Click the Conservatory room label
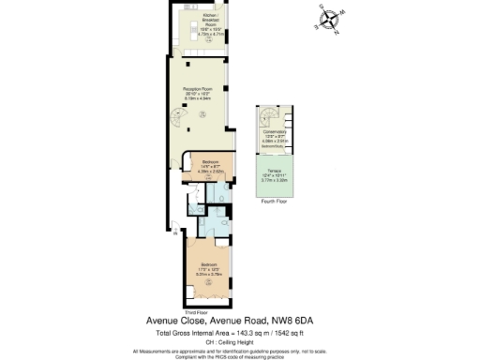[x=275, y=132]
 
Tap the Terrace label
[x=274, y=170]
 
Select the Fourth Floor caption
[x=274, y=202]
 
